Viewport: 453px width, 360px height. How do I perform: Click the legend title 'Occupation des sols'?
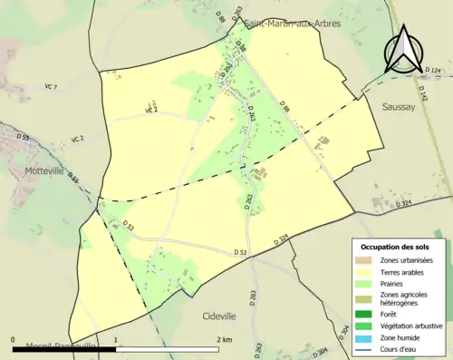[395, 247]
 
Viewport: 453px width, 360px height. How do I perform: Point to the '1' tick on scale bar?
[116, 339]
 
